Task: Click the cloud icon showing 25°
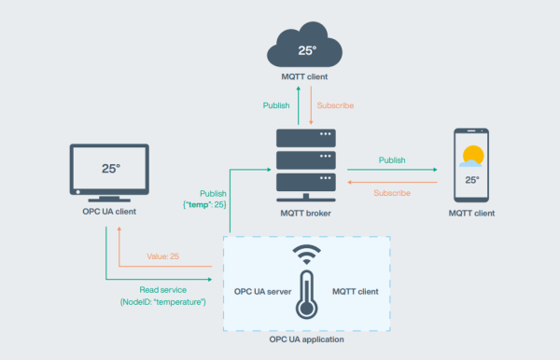pos(307,42)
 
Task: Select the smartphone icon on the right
pos(471,165)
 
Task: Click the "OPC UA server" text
pos(264,292)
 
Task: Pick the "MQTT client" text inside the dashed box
pos(355,292)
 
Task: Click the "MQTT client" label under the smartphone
pos(471,214)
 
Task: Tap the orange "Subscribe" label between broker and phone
pos(393,193)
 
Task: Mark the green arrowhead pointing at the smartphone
pos(436,171)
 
